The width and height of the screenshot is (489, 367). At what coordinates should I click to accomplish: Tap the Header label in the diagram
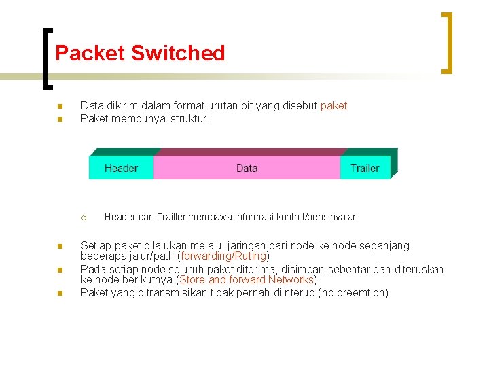pyautogui.click(x=121, y=168)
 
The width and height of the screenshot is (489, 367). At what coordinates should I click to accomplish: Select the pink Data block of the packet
pyautogui.click(x=247, y=168)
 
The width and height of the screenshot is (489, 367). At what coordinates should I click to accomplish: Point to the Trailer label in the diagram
pyautogui.click(x=365, y=168)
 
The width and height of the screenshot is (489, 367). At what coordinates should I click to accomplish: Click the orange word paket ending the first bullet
pyautogui.click(x=333, y=105)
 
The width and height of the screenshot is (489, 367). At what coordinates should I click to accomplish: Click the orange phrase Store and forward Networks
pyautogui.click(x=247, y=279)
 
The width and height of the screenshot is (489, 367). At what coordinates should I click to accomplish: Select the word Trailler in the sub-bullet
pyautogui.click(x=177, y=217)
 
